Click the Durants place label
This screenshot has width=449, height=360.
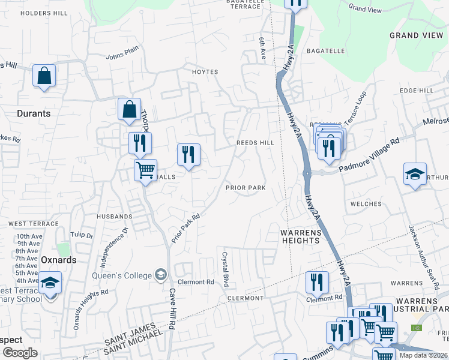[x=34, y=113]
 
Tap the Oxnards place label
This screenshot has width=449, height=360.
[x=59, y=260]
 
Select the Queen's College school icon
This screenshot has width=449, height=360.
[x=160, y=275]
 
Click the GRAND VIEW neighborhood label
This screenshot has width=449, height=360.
[x=416, y=35]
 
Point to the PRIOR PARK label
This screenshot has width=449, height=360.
[x=246, y=188]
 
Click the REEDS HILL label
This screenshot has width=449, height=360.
[x=255, y=143]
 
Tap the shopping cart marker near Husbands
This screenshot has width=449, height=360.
[x=145, y=170]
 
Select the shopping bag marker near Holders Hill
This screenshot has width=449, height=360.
[x=44, y=76]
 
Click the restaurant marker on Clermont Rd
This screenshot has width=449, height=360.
[x=317, y=282]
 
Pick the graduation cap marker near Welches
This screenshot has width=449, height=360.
[x=415, y=174]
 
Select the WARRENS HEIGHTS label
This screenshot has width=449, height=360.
[x=300, y=236]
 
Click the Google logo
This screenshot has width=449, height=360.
[x=20, y=353]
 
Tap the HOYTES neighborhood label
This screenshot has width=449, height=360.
[x=205, y=72]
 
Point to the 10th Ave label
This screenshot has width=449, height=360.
[x=28, y=236]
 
